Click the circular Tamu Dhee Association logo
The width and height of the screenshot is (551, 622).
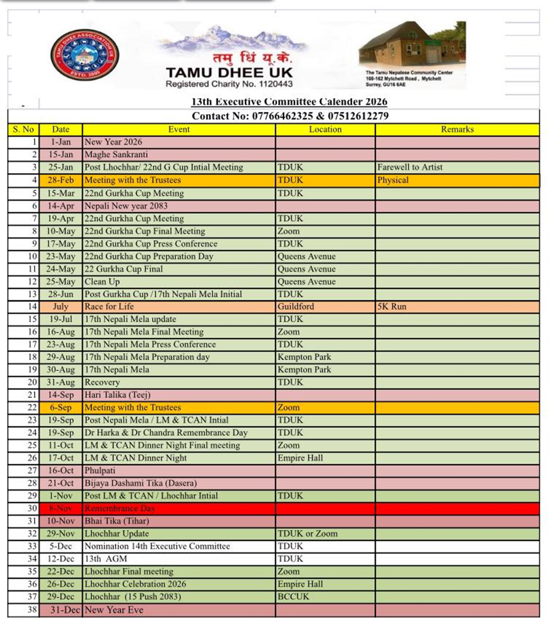click(84, 55)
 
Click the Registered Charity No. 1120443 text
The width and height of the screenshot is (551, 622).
click(229, 84)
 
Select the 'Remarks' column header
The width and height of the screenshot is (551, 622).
click(457, 129)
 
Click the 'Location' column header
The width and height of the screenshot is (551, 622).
click(325, 129)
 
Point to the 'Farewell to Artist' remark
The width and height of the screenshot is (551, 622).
click(410, 167)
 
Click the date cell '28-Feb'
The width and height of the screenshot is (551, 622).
click(61, 180)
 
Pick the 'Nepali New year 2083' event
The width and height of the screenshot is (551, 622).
click(126, 206)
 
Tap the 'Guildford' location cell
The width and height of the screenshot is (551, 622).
click(296, 306)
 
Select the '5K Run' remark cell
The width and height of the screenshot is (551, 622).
click(392, 306)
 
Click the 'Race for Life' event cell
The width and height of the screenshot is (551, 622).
click(109, 306)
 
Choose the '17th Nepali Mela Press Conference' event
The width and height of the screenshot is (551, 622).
click(150, 344)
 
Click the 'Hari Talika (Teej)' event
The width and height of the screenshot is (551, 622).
click(118, 395)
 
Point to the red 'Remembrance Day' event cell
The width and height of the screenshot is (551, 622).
click(120, 508)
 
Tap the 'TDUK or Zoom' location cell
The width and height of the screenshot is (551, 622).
click(307, 534)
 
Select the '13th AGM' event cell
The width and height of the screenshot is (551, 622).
click(106, 558)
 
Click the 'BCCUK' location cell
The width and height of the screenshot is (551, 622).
click(293, 596)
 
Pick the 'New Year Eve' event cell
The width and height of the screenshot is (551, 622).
click(114, 610)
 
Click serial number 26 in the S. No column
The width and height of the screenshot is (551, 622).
click(32, 458)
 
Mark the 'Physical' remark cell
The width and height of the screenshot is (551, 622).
click(393, 180)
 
